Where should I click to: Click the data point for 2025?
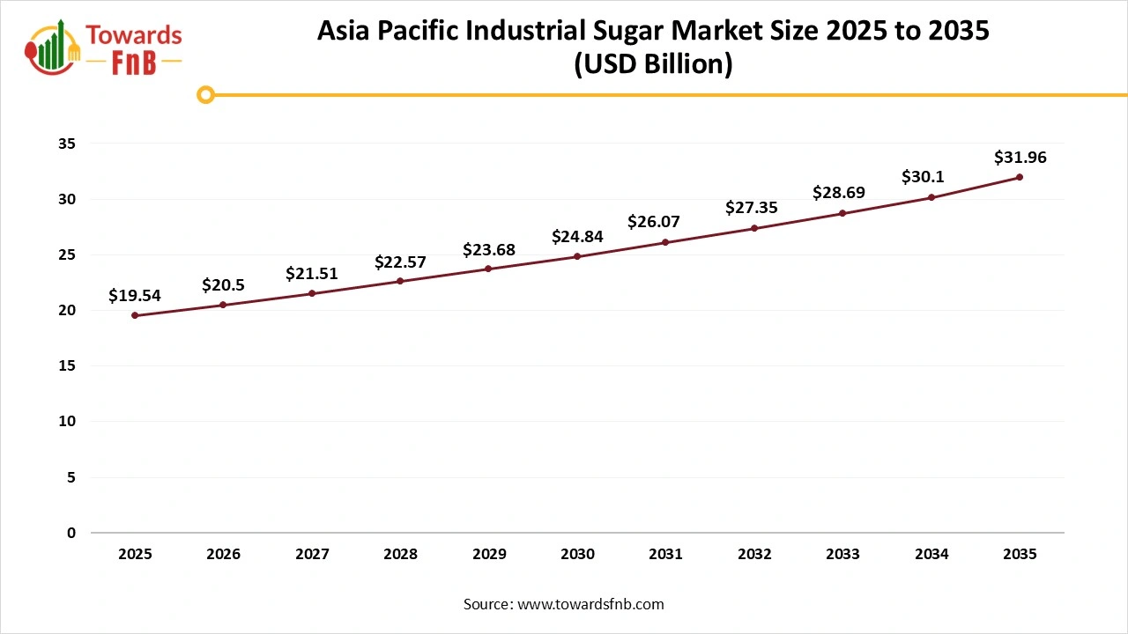[135, 315]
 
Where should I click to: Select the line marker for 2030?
[577, 256]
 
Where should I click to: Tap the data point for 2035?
[1020, 177]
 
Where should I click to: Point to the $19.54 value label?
[135, 296]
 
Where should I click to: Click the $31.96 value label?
[1020, 158]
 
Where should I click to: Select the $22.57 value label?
[400, 262]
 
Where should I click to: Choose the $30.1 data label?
[923, 177]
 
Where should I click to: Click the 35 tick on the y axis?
[67, 144]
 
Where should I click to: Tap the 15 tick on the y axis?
[67, 366]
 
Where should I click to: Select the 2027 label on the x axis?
[312, 555]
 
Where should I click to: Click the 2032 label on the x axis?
[754, 555]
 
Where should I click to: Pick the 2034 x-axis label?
[931, 555]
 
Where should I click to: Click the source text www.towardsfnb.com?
[590, 604]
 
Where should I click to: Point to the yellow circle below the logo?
[205, 94]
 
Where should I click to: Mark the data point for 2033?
[842, 213]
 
